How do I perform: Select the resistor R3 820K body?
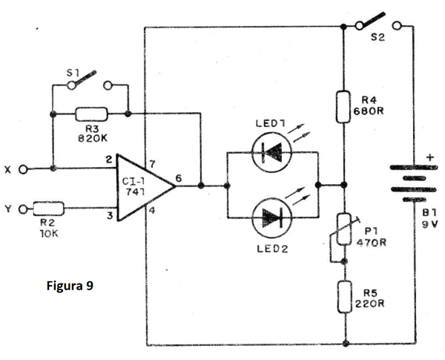tap(91, 114)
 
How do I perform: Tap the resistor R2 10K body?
tap(48, 209)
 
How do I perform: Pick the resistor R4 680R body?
tap(343, 107)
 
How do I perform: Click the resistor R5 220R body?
tap(345, 297)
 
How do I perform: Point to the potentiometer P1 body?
tap(344, 229)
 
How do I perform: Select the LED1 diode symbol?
tap(272, 152)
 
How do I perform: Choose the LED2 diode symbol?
tap(272, 218)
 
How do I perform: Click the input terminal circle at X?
tap(23, 170)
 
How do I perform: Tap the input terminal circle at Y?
tap(23, 209)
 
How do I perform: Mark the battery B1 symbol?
tap(414, 183)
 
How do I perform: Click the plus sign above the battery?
tap(430, 157)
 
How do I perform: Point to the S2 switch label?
tap(378, 37)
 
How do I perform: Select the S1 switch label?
tap(73, 73)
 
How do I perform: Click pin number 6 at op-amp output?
tap(178, 178)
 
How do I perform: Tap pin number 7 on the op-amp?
tap(152, 164)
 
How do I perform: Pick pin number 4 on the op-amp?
tap(152, 211)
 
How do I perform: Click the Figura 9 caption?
tap(70, 286)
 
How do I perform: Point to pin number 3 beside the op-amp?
tap(110, 216)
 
